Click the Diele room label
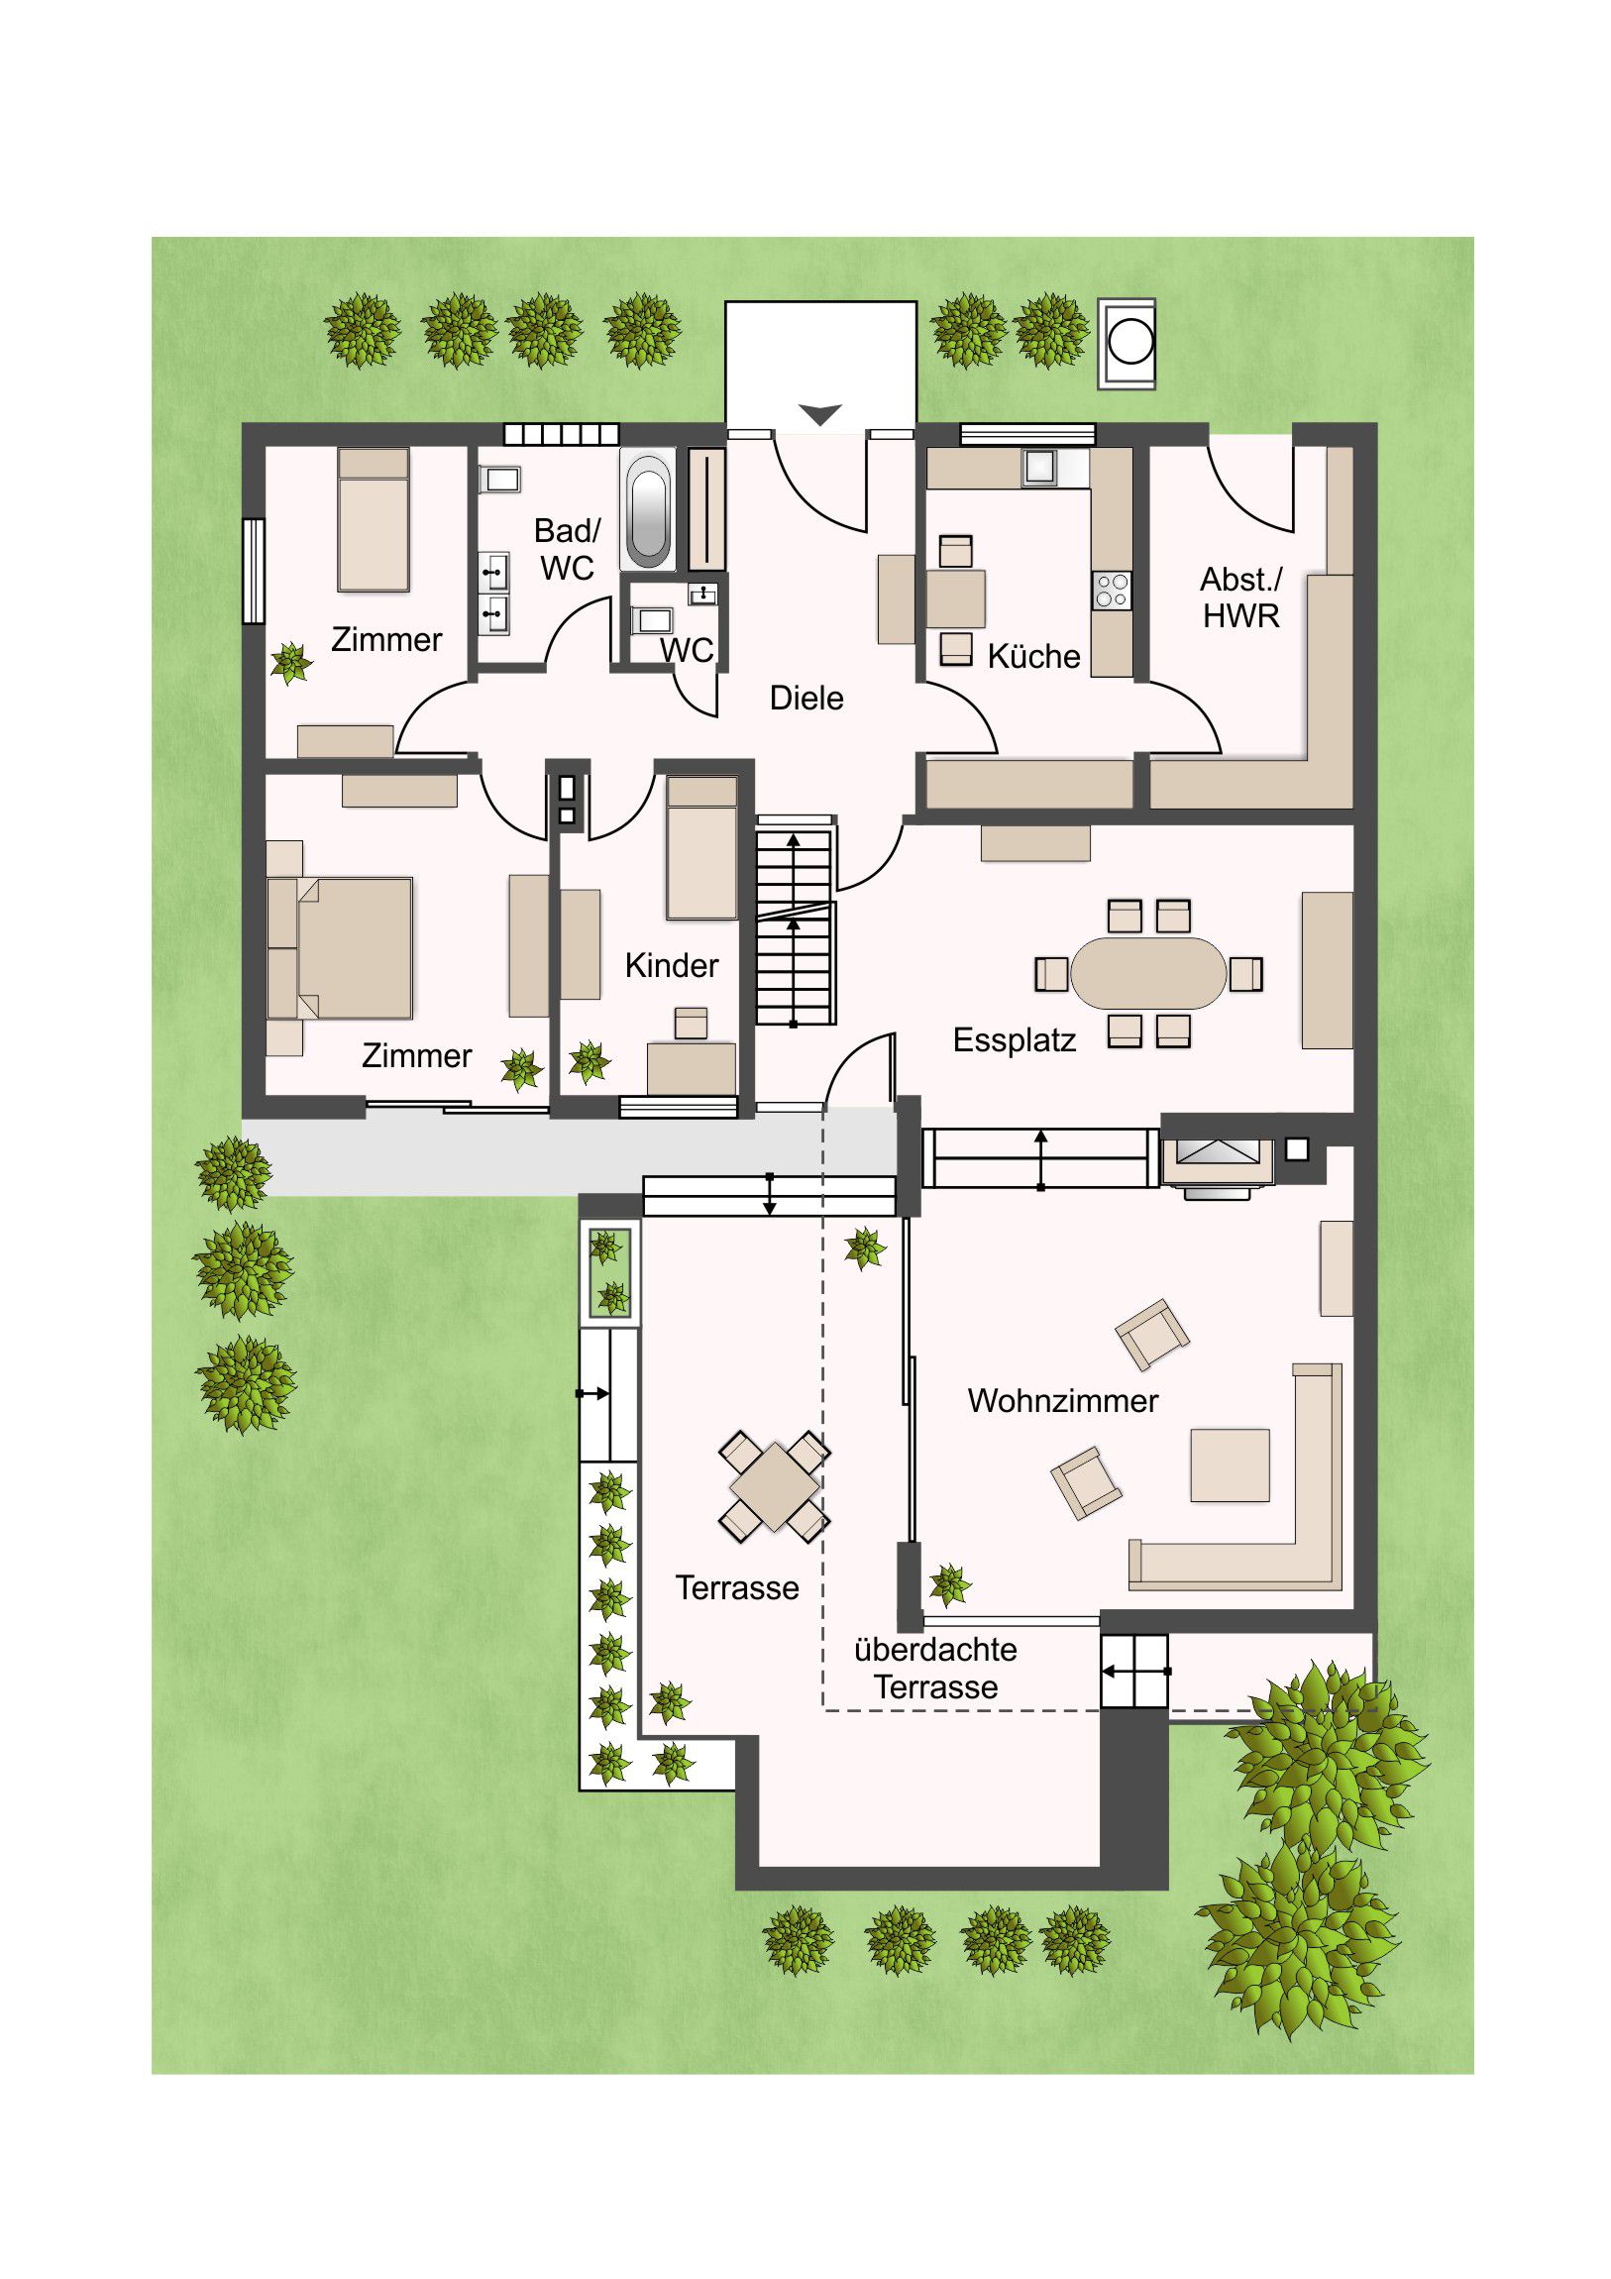[x=806, y=698]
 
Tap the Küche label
[x=1033, y=656]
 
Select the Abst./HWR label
[x=1240, y=597]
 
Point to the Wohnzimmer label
[x=1062, y=1400]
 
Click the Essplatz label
[x=1014, y=1040]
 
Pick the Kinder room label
[x=671, y=966]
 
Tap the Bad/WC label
[x=567, y=549]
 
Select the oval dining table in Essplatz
[x=1148, y=974]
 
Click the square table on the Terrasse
[x=774, y=1486]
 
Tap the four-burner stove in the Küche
[x=1112, y=591]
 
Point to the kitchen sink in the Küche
[x=1039, y=467]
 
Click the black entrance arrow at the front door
[x=820, y=414]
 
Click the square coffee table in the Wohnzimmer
[x=1230, y=1465]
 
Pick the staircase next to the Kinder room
[x=795, y=921]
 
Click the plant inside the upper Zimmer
[x=291, y=663]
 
